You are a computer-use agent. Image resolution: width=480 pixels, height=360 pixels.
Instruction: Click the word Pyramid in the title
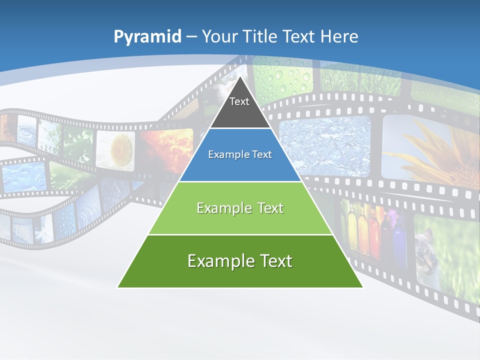(x=147, y=37)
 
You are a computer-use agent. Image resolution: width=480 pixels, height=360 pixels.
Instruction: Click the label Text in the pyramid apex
(x=239, y=101)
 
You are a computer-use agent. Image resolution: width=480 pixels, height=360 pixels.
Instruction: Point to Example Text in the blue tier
(x=240, y=154)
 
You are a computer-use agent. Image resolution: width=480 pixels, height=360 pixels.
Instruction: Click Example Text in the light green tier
(x=240, y=208)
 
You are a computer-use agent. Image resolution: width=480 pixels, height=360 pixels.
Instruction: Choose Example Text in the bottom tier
(x=240, y=261)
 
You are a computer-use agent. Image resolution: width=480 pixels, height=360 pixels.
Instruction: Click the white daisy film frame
(x=115, y=148)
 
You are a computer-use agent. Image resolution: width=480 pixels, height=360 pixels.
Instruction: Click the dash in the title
(x=191, y=37)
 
